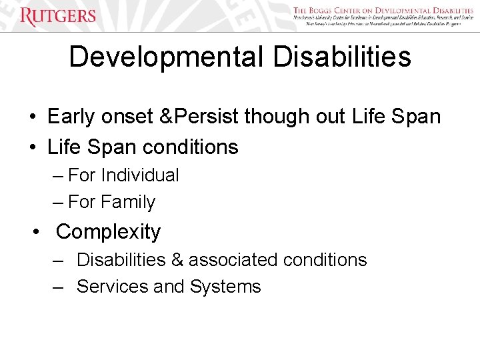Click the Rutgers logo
58,16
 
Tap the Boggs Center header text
383,11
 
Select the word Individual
140,175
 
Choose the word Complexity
108,232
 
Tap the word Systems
225,287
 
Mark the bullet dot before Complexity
39,232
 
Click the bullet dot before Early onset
32,117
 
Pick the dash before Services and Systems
59,287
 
